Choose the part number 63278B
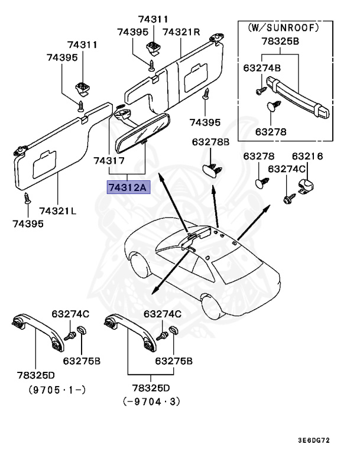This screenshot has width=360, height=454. (x=210, y=142)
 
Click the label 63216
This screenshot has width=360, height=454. (x=307, y=156)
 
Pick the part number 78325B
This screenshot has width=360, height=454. (x=280, y=42)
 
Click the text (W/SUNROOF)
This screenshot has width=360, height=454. (x=280, y=27)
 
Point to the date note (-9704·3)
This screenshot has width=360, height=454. (x=151, y=401)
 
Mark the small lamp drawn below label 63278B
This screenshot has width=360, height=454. (x=212, y=170)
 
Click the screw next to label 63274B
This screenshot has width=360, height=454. (x=260, y=89)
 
